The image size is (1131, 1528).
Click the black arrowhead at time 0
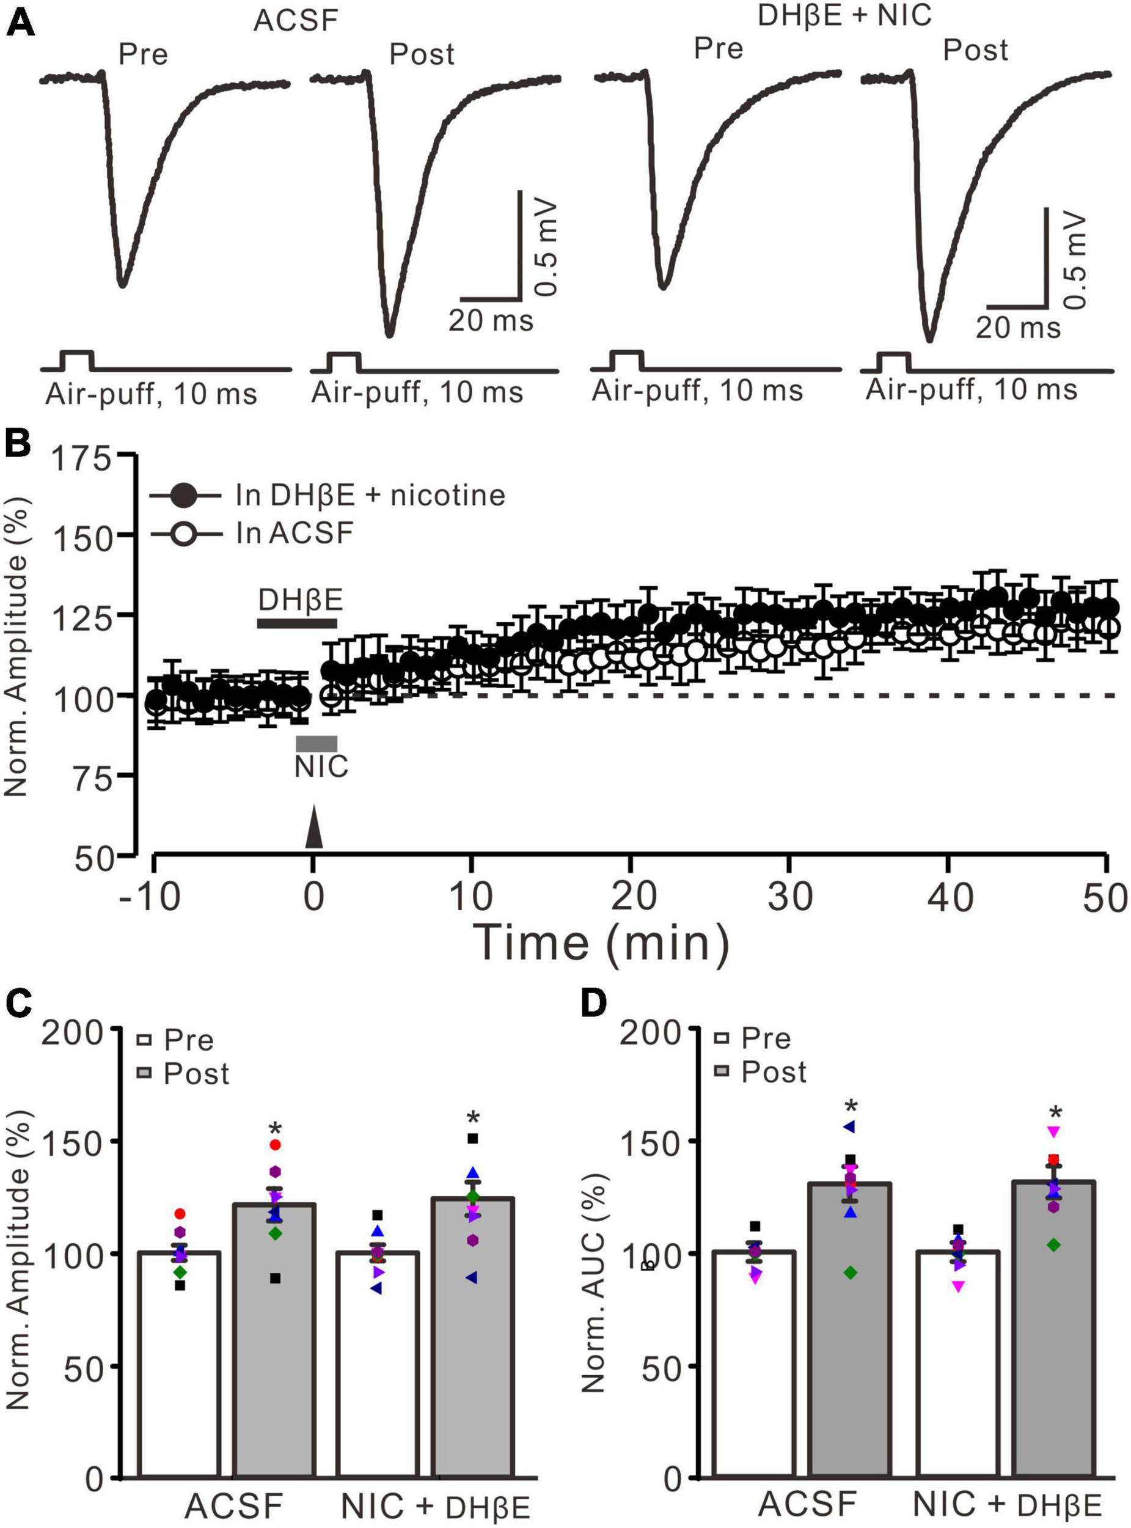[x=313, y=827]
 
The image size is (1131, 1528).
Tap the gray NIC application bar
[x=317, y=743]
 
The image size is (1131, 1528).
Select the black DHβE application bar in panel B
[x=296, y=623]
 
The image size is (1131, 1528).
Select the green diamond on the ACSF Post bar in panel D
[x=851, y=1273]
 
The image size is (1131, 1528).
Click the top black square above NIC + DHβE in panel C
[x=472, y=1138]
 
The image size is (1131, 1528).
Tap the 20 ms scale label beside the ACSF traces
[x=490, y=320]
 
